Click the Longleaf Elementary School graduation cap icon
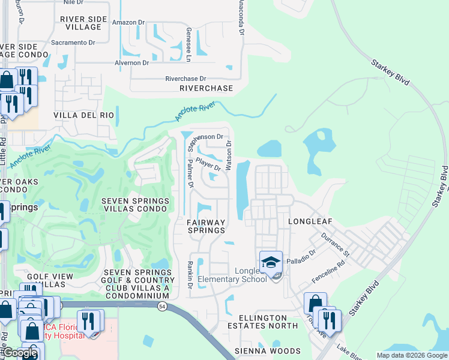271,262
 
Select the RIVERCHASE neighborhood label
206,88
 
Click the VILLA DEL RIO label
83,115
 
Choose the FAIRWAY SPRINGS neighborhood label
206,226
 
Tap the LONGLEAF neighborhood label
310,221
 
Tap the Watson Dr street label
229,155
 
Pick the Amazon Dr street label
128,22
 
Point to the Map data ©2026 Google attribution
411,355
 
